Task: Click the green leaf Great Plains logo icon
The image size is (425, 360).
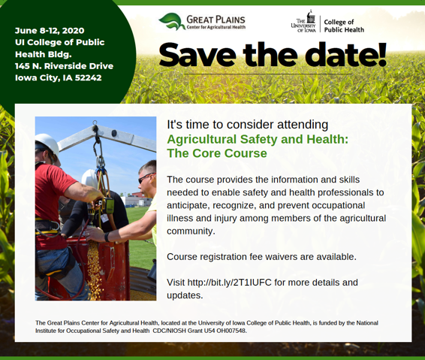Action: [x=170, y=21]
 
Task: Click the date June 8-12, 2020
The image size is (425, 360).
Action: [x=50, y=30]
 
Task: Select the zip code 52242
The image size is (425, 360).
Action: [x=88, y=78]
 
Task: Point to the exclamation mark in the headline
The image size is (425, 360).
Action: [x=382, y=55]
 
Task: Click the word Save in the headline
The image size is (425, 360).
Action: [x=197, y=55]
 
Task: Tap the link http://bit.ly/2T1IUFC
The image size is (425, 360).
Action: [x=229, y=283]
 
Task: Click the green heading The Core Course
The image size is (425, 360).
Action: [x=217, y=153]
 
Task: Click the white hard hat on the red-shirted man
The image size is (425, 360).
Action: [x=47, y=144]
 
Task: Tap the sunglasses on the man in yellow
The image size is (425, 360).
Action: [x=146, y=178]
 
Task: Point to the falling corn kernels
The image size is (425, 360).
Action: [x=95, y=268]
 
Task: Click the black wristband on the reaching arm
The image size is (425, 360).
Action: [x=107, y=237]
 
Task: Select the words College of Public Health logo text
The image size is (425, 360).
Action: [x=344, y=26]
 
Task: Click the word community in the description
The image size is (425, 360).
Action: [x=190, y=231]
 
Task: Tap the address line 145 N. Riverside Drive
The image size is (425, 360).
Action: [x=65, y=66]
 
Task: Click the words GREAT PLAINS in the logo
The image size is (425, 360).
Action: [x=216, y=20]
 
